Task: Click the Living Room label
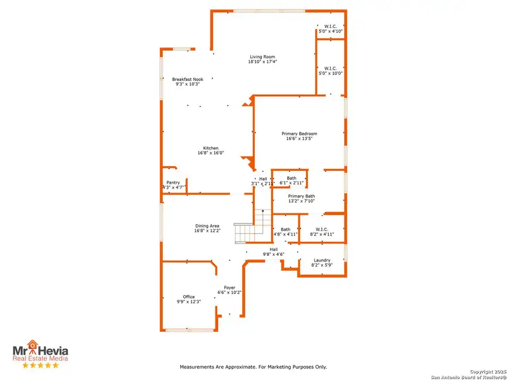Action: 262,57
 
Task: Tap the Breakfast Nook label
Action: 188,79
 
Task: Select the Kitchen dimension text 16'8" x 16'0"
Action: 210,153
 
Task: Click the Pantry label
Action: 173,182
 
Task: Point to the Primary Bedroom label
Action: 299,134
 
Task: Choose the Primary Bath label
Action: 302,196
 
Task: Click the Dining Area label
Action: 207,226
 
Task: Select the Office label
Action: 189,296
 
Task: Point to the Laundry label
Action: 322,260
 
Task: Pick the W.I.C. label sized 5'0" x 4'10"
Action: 330,26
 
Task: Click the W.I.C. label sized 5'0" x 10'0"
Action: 330,68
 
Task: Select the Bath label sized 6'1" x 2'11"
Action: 292,178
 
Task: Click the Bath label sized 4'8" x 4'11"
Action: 285,229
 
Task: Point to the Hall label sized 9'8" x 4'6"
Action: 274,250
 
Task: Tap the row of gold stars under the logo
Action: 41,365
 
